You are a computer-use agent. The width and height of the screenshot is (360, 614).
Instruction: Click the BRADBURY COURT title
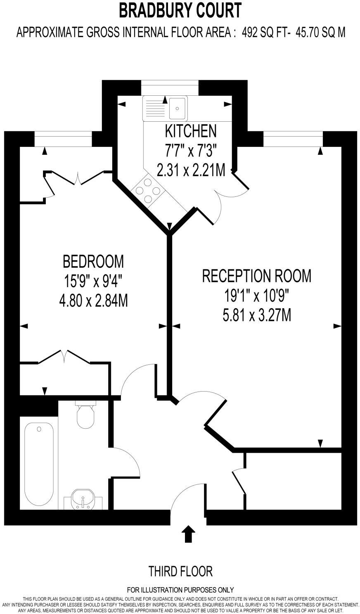(180, 10)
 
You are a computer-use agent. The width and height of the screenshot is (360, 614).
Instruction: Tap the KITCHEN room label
(190, 131)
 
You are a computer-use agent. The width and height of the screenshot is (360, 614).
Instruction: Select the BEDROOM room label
(93, 261)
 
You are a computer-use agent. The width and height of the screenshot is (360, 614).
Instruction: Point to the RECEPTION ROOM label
(256, 276)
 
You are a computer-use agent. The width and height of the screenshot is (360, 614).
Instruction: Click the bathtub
(39, 462)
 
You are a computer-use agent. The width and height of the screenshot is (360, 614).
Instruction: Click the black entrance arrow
(189, 534)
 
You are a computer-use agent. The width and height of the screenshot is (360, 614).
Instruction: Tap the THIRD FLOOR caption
(180, 571)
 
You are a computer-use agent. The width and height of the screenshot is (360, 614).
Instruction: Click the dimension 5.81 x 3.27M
(256, 316)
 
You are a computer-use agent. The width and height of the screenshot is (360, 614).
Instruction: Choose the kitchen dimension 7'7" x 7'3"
(190, 151)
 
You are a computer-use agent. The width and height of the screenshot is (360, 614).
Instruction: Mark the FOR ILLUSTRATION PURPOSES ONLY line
(180, 590)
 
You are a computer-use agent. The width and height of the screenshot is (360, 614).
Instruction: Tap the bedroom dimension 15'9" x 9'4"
(93, 281)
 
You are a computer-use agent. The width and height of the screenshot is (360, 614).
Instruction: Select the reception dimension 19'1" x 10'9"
(256, 296)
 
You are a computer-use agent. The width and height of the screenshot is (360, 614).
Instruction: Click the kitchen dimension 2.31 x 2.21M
(191, 170)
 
